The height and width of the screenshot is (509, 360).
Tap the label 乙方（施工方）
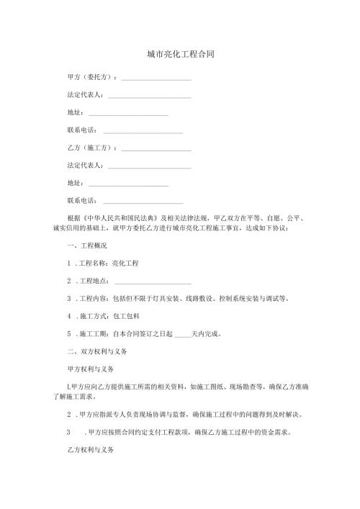pyautogui.click(x=90, y=148)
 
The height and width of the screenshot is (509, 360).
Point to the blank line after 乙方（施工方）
pyautogui.click(x=156, y=149)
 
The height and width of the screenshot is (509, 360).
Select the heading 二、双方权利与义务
pyautogui.click(x=96, y=351)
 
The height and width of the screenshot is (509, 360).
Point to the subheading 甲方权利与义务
pyautogui.click(x=89, y=369)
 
